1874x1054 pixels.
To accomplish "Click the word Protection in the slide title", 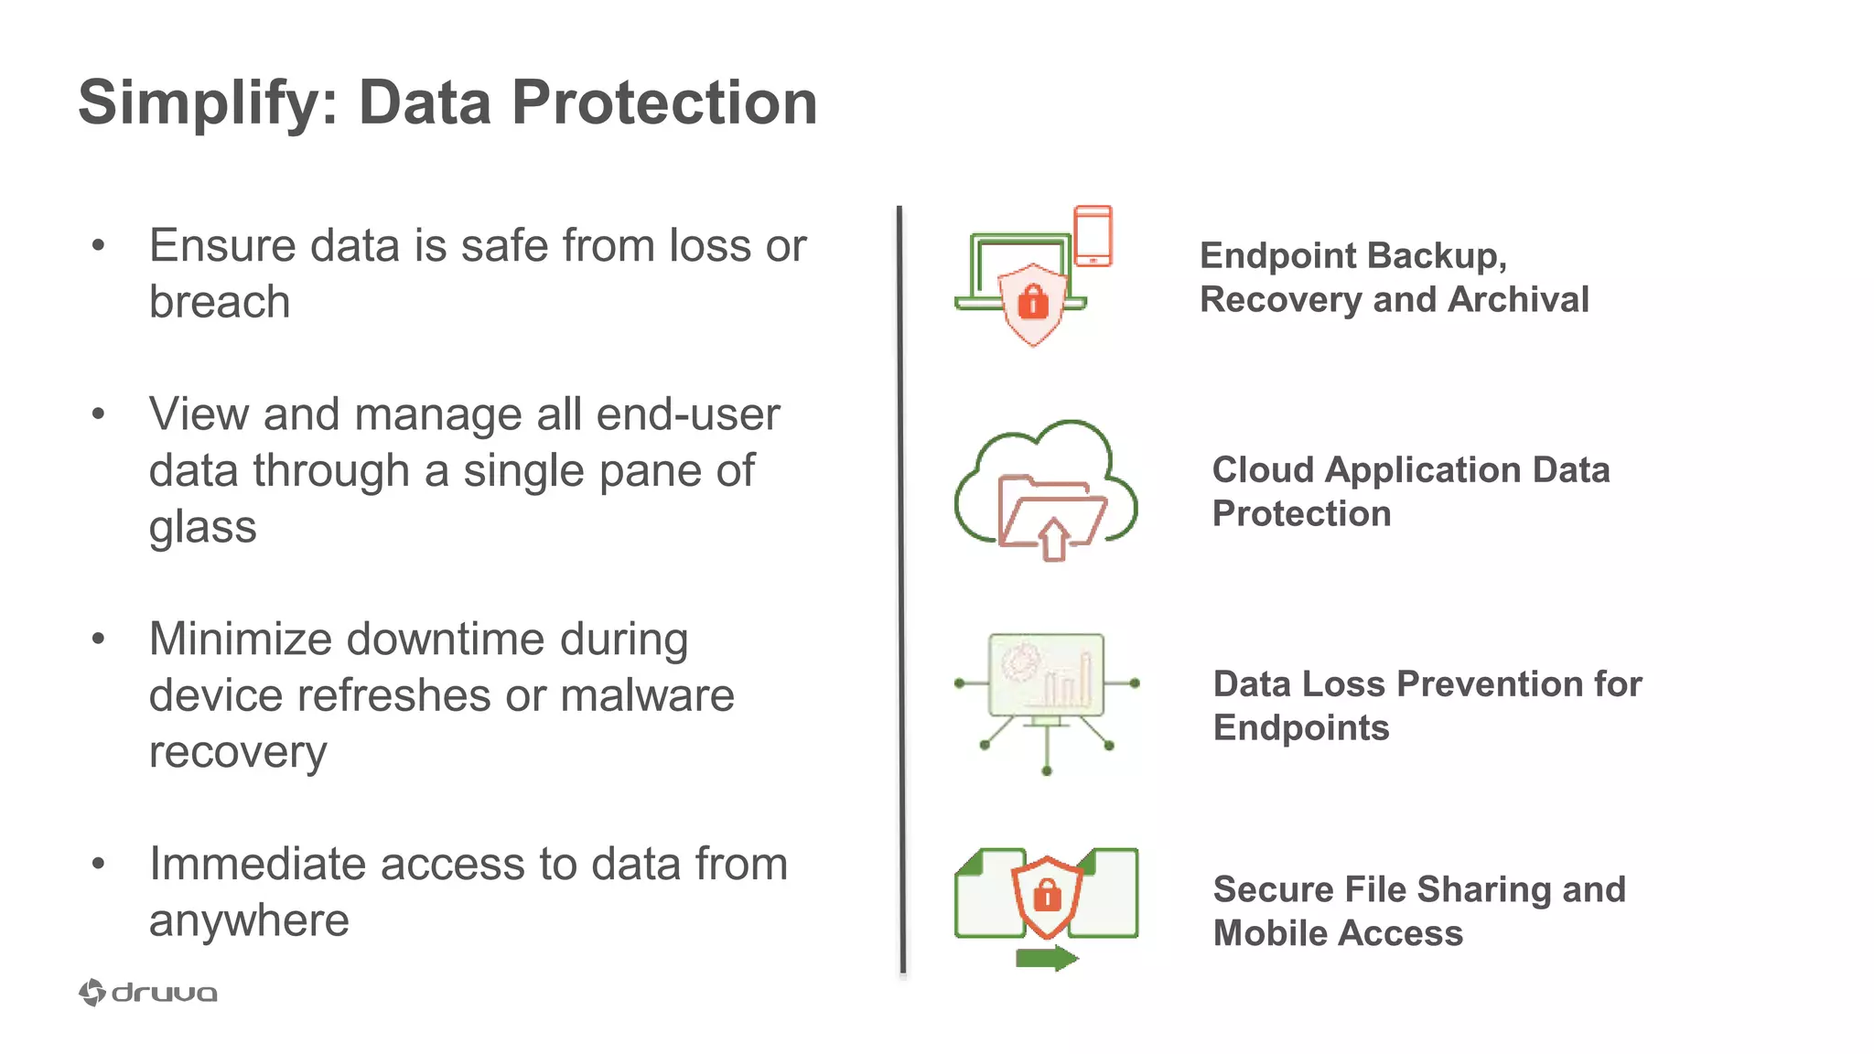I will point(664,102).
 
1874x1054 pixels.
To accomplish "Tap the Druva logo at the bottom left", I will point(148,993).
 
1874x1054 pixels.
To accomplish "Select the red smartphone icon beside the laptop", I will point(1093,236).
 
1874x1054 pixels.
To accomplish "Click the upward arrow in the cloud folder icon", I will point(1053,538).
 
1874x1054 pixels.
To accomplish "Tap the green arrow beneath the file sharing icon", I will point(1047,958).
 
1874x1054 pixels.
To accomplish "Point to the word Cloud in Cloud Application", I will point(1264,470).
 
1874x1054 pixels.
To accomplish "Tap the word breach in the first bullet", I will point(220,302).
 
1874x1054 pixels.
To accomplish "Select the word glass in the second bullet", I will point(203,527).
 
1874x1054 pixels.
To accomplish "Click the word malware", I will point(647,696).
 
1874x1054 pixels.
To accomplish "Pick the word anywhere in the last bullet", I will point(249,920).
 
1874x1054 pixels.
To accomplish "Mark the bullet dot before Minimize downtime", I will point(99,639).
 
